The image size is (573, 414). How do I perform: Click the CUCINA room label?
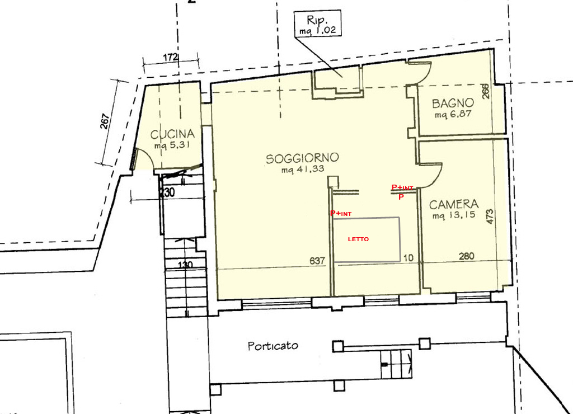[x=172, y=134]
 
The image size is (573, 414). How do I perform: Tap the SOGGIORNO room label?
[x=302, y=158]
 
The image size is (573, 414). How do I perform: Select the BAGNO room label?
[x=453, y=103]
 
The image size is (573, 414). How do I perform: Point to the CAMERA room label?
[x=454, y=204]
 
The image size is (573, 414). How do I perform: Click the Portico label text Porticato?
[x=273, y=346]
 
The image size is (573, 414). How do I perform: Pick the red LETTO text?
[x=358, y=239]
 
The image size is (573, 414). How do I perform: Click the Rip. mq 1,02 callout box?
[x=318, y=23]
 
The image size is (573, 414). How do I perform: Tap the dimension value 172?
[x=170, y=58]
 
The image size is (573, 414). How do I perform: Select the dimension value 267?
[x=105, y=121]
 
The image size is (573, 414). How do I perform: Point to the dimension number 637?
[x=317, y=261]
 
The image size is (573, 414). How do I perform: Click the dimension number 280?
[x=467, y=256]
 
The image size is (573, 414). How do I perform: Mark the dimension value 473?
[x=490, y=217]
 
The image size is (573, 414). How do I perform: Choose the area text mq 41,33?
[x=303, y=169]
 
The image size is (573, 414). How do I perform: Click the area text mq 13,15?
[x=454, y=215]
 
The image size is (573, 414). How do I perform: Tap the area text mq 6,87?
[x=453, y=115]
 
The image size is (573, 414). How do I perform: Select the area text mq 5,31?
[x=172, y=145]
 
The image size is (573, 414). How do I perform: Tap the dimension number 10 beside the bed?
[x=408, y=258]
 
